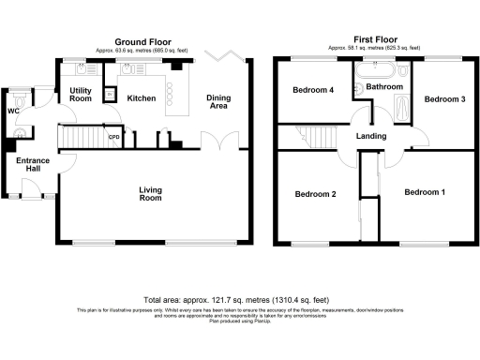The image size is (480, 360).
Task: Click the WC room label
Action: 13,112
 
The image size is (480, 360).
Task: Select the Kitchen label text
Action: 141,98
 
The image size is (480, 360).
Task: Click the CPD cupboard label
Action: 114,140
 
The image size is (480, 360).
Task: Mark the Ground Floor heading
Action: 142,42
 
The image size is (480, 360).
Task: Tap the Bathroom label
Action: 383,87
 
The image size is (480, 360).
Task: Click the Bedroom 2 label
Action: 316,194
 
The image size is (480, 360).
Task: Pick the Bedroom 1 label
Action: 425,192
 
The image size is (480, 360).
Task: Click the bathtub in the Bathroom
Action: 375,70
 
